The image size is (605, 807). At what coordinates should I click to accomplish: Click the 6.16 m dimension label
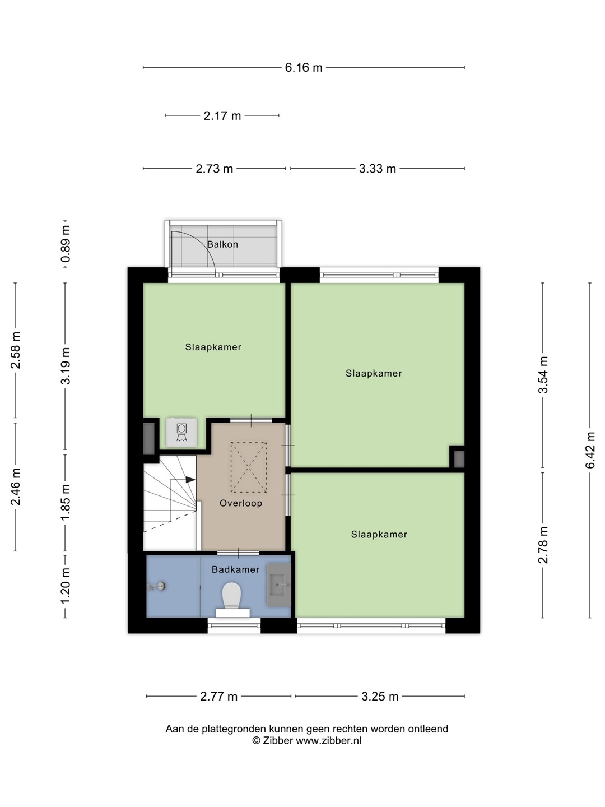pyautogui.click(x=304, y=68)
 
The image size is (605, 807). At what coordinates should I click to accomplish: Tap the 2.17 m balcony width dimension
pyautogui.click(x=222, y=116)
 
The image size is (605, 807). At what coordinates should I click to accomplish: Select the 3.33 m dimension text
pyautogui.click(x=377, y=169)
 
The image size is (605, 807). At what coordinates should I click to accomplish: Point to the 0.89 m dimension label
pyautogui.click(x=66, y=244)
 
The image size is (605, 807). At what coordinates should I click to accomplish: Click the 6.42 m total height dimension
pyautogui.click(x=590, y=451)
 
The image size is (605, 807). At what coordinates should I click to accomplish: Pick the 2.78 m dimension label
pyautogui.click(x=543, y=545)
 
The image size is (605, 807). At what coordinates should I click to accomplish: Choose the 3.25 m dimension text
pyautogui.click(x=380, y=697)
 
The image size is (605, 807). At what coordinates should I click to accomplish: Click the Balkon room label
pyautogui.click(x=222, y=244)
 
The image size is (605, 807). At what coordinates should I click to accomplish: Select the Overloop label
pyautogui.click(x=241, y=503)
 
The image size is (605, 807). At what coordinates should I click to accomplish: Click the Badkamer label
pyautogui.click(x=235, y=569)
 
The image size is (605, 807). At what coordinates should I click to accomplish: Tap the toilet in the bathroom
pyautogui.click(x=232, y=599)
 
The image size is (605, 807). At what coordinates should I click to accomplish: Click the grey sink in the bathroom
pyautogui.click(x=279, y=585)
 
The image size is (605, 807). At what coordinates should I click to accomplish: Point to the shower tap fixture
pyautogui.click(x=157, y=586)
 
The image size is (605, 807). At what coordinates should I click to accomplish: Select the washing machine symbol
pyautogui.click(x=182, y=432)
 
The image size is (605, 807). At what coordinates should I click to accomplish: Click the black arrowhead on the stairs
pyautogui.click(x=190, y=479)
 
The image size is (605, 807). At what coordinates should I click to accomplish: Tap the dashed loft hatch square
pyautogui.click(x=249, y=467)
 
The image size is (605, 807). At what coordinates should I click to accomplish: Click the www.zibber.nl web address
pyautogui.click(x=328, y=740)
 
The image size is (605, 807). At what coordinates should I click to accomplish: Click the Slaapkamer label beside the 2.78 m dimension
pyautogui.click(x=379, y=535)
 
